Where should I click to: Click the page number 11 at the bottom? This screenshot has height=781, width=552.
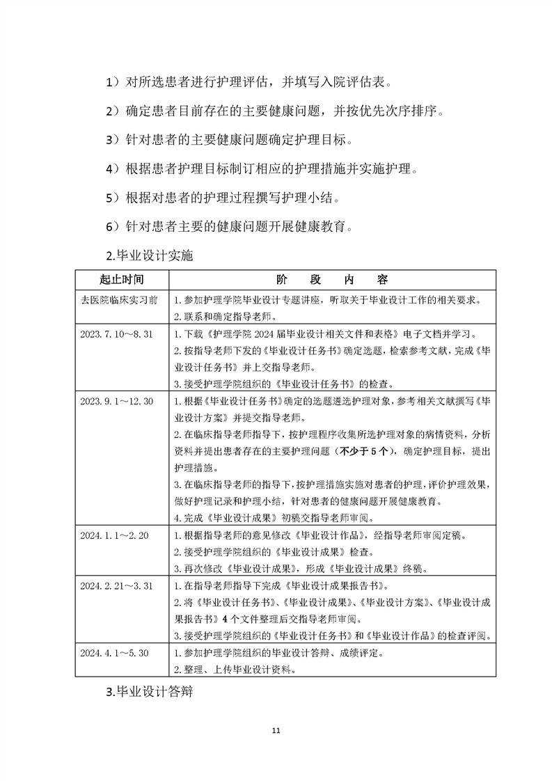pyautogui.click(x=276, y=730)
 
